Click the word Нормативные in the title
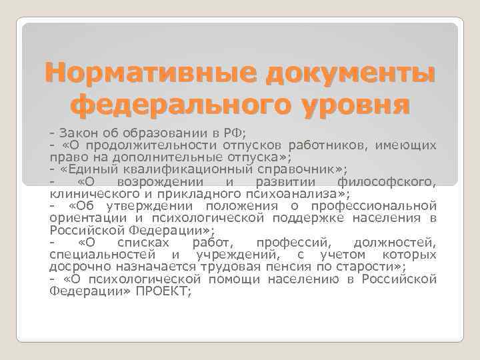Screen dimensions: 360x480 coord(148,72)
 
